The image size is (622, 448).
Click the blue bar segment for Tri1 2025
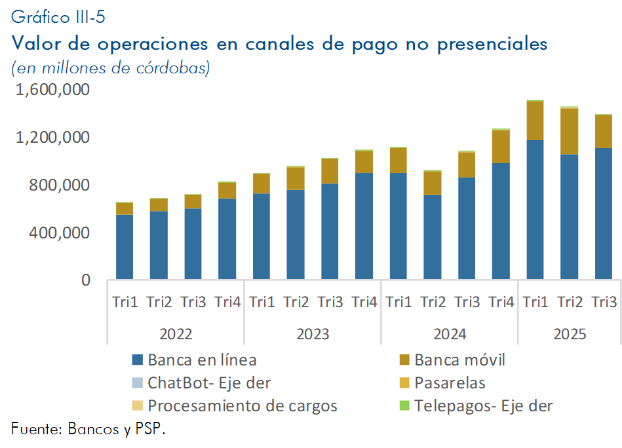535,210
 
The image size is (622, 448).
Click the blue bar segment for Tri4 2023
364,226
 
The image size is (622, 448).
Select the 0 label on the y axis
85,280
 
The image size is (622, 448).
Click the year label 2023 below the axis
313,334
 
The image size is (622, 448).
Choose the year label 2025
570,334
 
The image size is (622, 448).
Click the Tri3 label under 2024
467,303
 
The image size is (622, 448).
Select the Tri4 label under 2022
227,303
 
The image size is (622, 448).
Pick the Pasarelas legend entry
450,383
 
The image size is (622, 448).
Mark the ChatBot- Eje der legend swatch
137,383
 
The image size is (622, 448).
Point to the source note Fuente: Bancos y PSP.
88,429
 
